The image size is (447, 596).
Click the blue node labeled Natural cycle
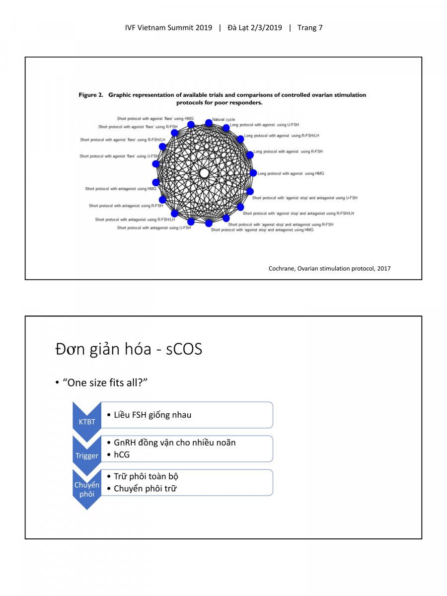209,122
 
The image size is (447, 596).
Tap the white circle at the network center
204,173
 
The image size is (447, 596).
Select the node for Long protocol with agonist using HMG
253,173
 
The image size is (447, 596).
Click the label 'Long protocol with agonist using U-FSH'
264,125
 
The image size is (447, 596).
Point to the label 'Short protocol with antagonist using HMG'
120,189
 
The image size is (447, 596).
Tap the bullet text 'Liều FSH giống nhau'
152,415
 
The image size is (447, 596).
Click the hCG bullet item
122,454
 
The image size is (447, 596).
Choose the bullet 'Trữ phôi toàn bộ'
146,476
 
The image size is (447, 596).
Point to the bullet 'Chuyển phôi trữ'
145,489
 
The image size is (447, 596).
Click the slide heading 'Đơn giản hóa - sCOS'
129,349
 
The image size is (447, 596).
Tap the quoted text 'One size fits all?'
105,383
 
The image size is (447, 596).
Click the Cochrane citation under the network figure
329,268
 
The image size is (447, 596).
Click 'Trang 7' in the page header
310,28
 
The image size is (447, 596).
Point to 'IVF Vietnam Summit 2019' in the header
168,28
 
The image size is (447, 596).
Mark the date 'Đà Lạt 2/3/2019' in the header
255,28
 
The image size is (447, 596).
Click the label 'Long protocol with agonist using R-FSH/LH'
282,136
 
